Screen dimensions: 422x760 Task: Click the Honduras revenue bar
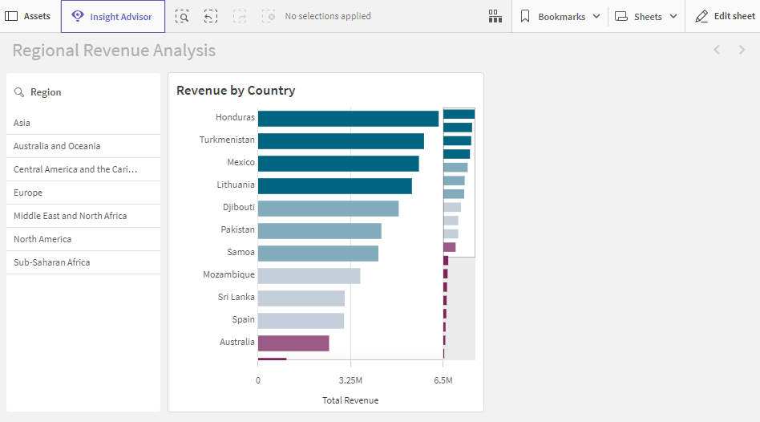pyautogui.click(x=348, y=119)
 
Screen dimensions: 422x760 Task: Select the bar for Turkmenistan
pyautogui.click(x=341, y=141)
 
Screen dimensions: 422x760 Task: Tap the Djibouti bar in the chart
pyautogui.click(x=328, y=209)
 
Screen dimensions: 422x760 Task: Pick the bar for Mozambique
pyautogui.click(x=309, y=276)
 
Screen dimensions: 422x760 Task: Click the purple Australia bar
pyautogui.click(x=293, y=343)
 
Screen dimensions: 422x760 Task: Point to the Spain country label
pyautogui.click(x=243, y=319)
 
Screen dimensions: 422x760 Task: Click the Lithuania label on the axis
pyautogui.click(x=236, y=185)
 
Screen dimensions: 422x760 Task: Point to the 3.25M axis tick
pyautogui.click(x=350, y=380)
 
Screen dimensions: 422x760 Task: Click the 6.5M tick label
pyautogui.click(x=443, y=380)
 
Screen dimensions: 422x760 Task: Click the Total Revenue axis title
pyautogui.click(x=350, y=400)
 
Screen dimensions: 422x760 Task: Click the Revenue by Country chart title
pyautogui.click(x=236, y=91)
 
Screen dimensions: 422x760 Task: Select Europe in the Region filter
pyautogui.click(x=28, y=193)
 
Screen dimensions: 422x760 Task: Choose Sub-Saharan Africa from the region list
pyautogui.click(x=51, y=262)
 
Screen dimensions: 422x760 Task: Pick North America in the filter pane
pyautogui.click(x=42, y=239)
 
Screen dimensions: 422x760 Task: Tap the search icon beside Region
pyautogui.click(x=19, y=92)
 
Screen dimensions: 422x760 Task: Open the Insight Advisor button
pyautogui.click(x=112, y=17)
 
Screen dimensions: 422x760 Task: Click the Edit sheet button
pyautogui.click(x=725, y=17)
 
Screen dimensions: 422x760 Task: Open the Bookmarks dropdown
pyautogui.click(x=560, y=17)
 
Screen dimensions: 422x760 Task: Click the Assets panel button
pyautogui.click(x=28, y=17)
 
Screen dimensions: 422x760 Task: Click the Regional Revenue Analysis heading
pyautogui.click(x=114, y=51)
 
